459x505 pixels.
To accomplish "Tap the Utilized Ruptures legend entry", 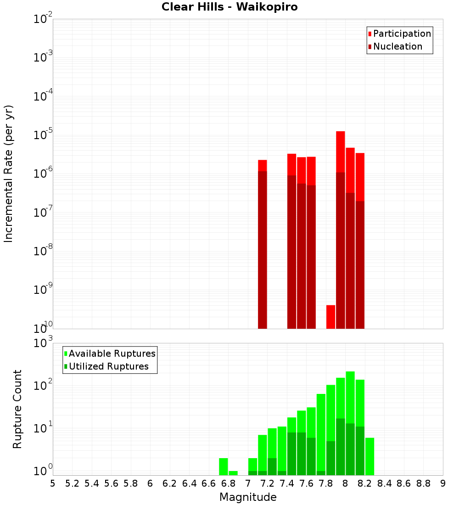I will (108, 366).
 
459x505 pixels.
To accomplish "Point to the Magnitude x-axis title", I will (248, 497).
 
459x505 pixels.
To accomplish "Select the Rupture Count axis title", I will (17, 409).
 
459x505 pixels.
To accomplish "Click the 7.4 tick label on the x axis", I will (287, 483).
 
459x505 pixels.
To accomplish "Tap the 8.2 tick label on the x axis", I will (365, 483).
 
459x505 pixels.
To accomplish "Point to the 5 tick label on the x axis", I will (53, 483).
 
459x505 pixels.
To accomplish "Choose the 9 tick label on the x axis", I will (443, 483).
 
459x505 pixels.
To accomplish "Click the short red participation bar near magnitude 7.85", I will (330, 316).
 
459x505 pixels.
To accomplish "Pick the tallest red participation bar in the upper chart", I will (340, 151).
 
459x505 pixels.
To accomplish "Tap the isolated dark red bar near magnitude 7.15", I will (263, 248).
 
